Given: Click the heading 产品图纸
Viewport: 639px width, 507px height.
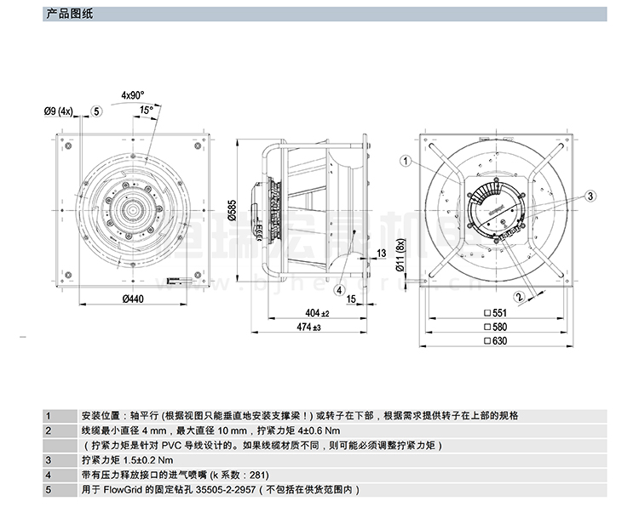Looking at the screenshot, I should click(67, 13).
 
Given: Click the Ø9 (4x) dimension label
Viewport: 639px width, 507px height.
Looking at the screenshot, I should click(60, 111).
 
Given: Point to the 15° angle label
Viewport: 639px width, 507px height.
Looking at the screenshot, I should click(147, 110).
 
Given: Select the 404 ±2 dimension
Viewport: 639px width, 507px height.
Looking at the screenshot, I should click(317, 313).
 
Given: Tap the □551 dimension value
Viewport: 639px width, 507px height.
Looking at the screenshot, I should click(495, 313).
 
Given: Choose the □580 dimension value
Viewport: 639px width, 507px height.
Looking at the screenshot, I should click(495, 328).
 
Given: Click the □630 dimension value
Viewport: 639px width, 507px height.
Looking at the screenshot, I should click(495, 342).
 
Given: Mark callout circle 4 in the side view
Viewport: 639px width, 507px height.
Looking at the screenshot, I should click(339, 289).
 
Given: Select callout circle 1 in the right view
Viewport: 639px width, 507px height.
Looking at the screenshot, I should click(406, 159).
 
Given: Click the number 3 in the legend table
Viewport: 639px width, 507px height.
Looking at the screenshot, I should click(49, 460).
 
